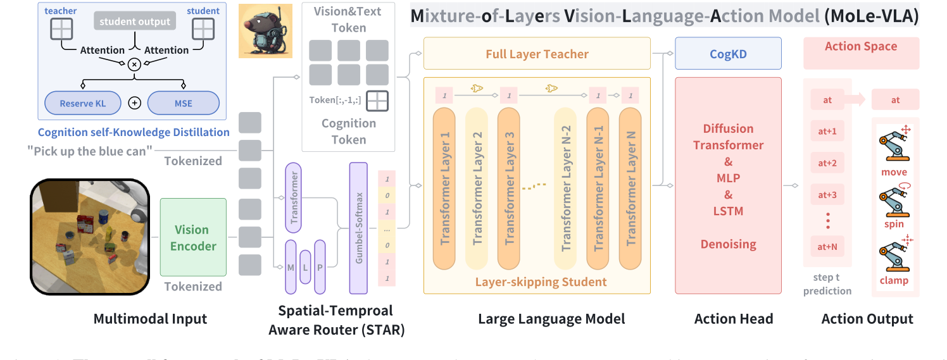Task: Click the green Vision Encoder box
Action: point(193,237)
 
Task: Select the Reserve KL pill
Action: point(83,103)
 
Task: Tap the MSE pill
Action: point(183,103)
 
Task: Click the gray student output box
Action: point(134,22)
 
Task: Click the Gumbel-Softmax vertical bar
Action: point(358,228)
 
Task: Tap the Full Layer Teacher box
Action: point(537,54)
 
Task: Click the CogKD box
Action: point(728,54)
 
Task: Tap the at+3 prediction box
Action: point(827,194)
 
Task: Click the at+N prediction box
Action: point(827,247)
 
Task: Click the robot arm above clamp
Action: point(893,254)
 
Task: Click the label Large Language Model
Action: point(551,319)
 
